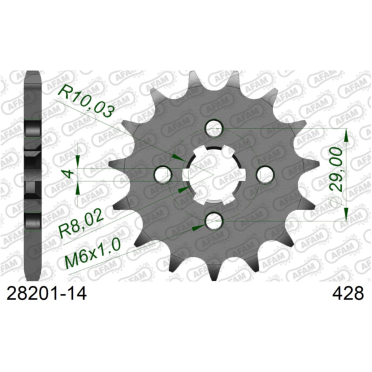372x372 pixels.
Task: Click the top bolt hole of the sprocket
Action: (x=215, y=128)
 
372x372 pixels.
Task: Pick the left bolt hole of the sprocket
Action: (x=162, y=174)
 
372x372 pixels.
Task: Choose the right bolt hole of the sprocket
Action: (x=265, y=173)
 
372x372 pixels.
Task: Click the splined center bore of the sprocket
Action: (x=213, y=174)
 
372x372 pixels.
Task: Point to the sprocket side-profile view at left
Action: (x=32, y=174)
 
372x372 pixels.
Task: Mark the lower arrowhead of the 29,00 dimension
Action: (x=346, y=213)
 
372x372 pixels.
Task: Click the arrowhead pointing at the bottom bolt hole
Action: (x=197, y=228)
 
